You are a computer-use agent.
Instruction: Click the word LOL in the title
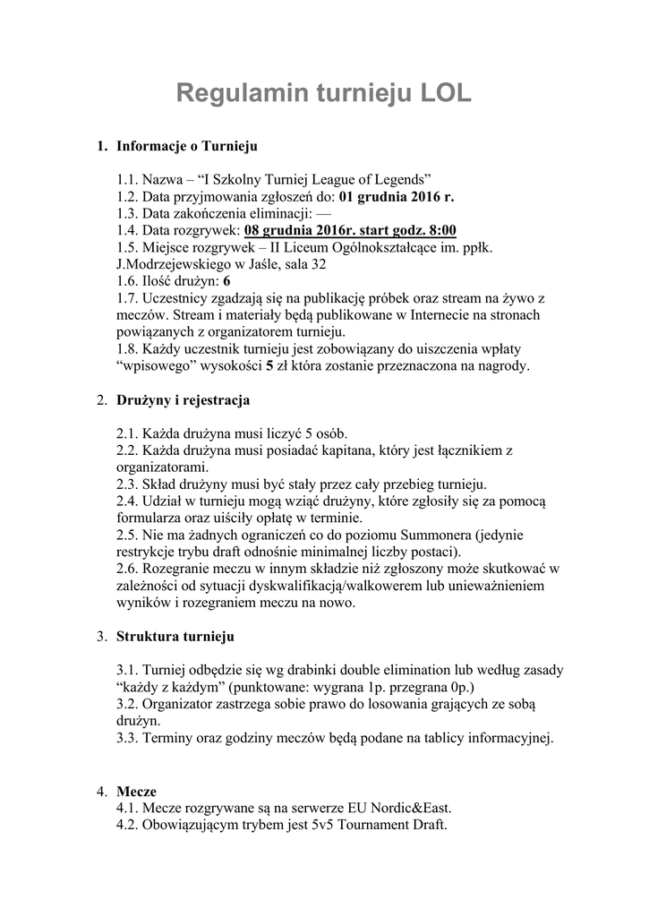point(440,93)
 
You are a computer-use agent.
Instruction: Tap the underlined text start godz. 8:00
point(408,230)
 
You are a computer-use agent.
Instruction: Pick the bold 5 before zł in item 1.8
point(268,365)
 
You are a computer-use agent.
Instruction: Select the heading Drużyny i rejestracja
point(183,399)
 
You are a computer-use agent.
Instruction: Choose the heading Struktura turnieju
point(175,637)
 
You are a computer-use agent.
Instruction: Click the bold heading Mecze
point(136,792)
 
